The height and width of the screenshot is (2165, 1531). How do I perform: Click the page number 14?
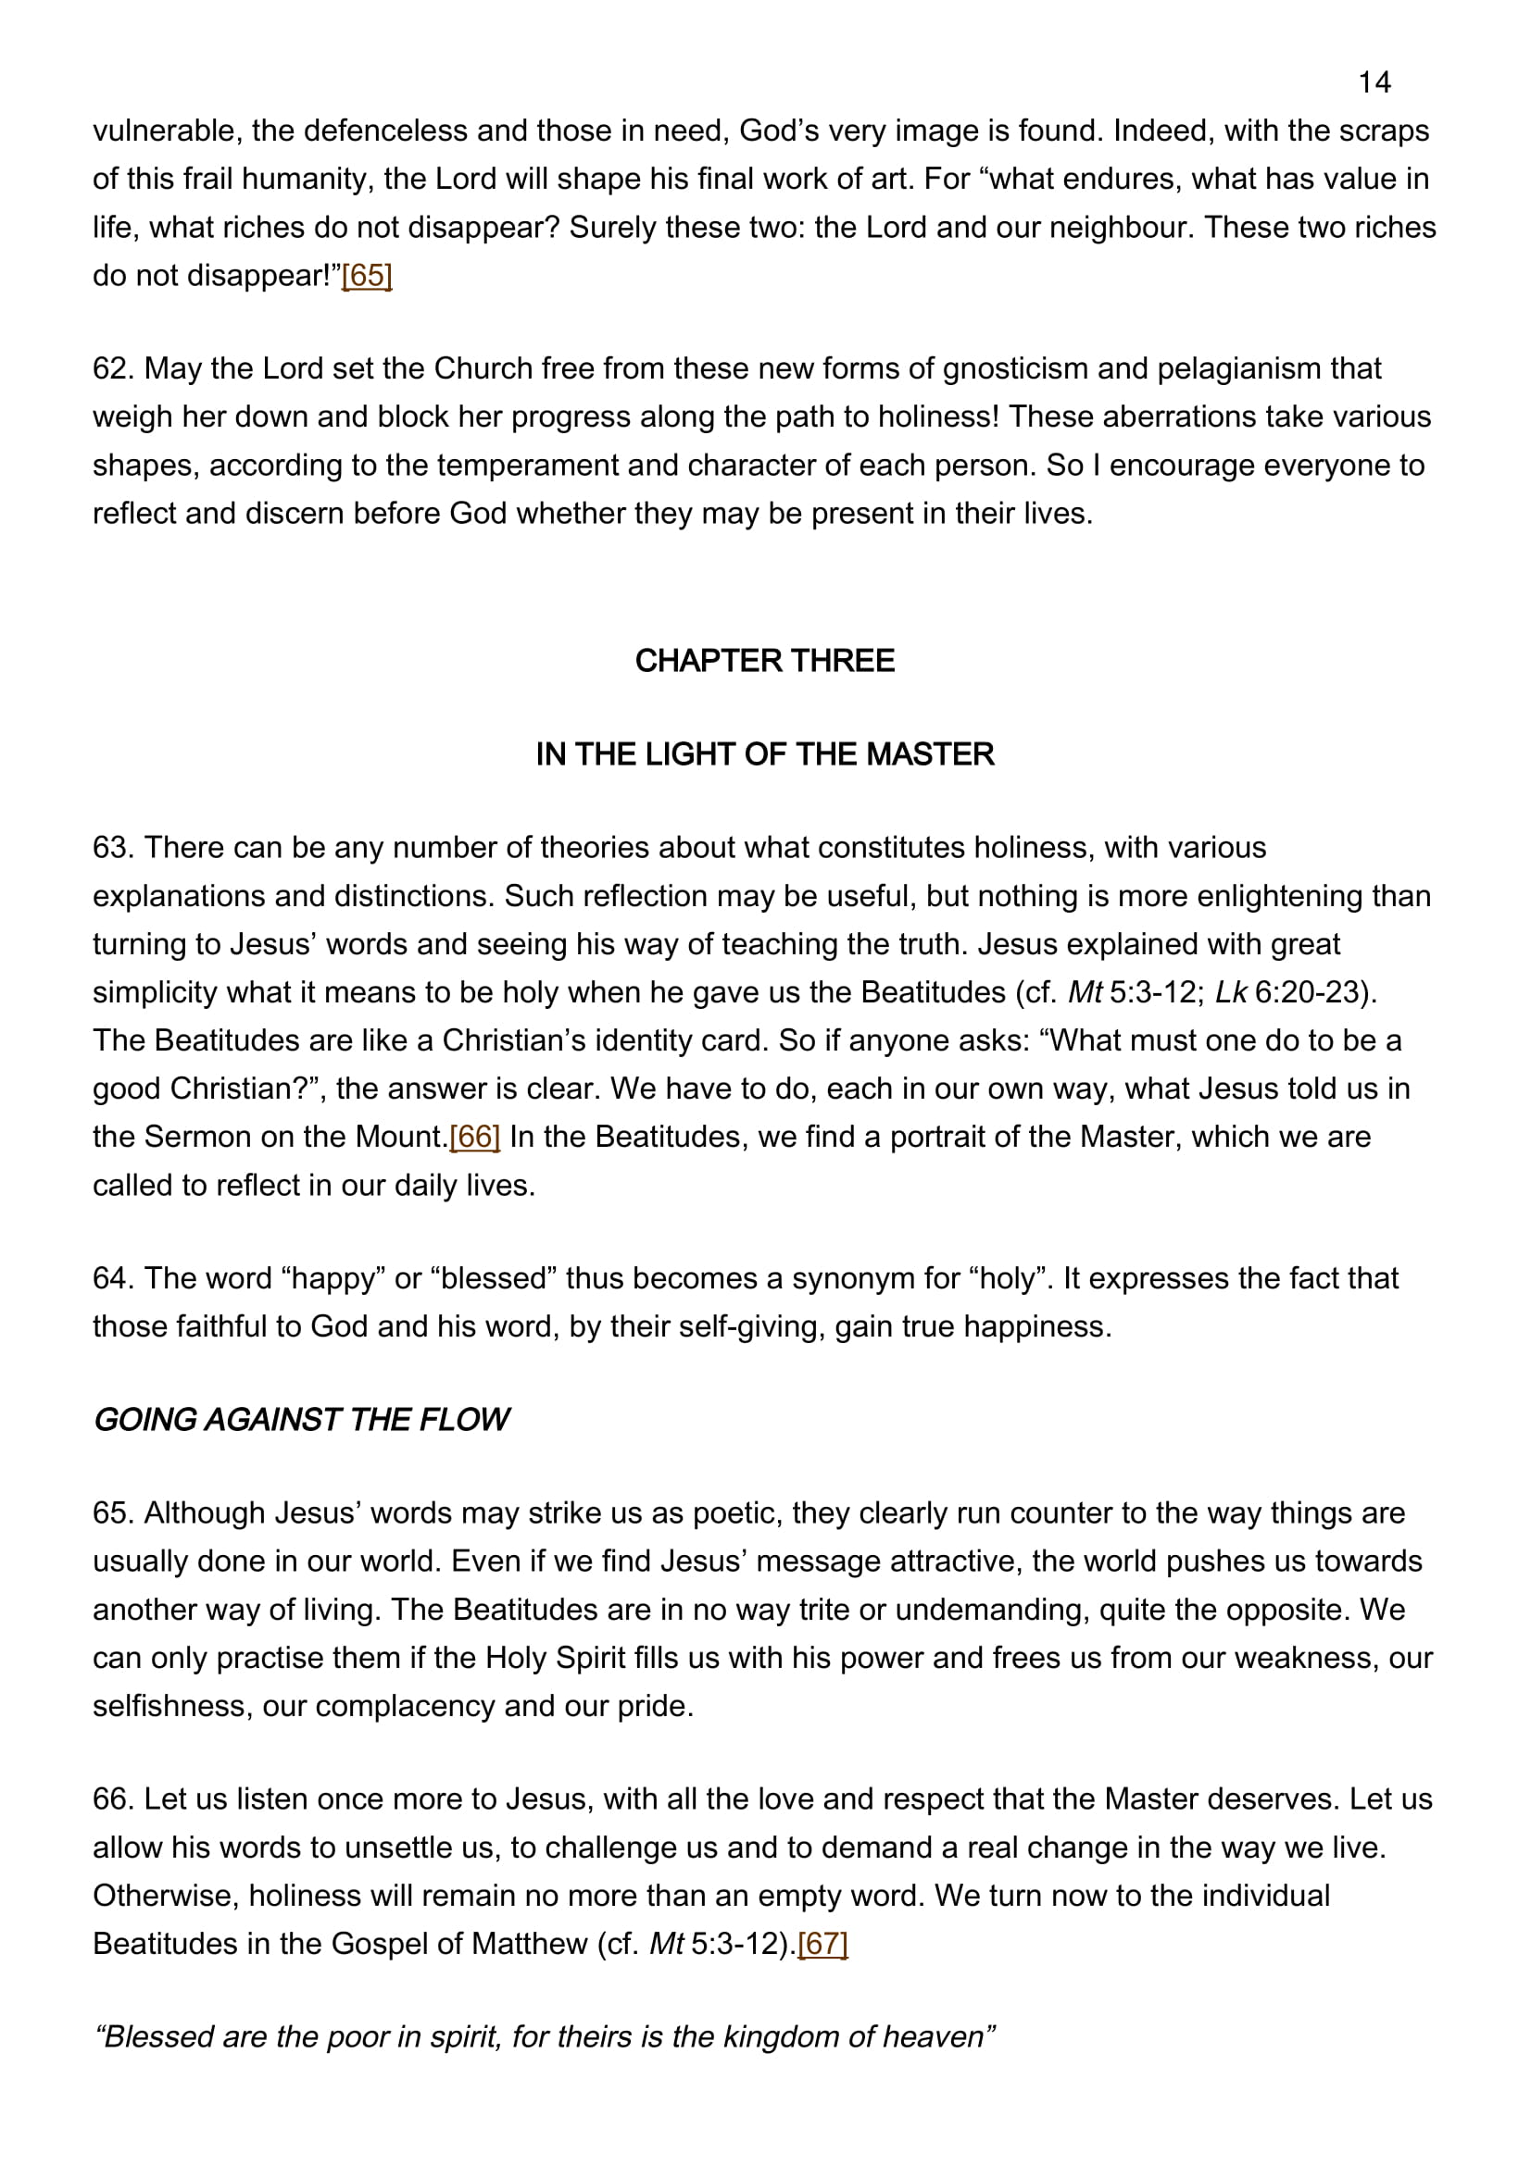coord(1374,83)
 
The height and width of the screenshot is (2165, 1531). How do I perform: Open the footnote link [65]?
coord(366,275)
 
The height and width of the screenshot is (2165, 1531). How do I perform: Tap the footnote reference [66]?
coord(474,1137)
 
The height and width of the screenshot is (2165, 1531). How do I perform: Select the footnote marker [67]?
coord(822,1944)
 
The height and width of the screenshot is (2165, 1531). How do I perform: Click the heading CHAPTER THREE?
coord(764,660)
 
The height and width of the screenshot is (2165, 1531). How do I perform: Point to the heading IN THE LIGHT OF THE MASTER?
coord(764,753)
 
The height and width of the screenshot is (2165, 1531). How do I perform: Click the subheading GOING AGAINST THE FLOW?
coord(300,1419)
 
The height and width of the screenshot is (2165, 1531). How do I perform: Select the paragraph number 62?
coord(112,367)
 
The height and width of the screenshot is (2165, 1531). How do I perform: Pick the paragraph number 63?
coord(112,847)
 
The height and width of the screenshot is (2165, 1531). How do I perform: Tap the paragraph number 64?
coord(112,1277)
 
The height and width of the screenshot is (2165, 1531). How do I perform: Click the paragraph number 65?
coord(112,1512)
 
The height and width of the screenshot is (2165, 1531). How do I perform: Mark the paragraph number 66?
coord(112,1799)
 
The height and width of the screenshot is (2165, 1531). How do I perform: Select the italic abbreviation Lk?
coord(1230,992)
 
